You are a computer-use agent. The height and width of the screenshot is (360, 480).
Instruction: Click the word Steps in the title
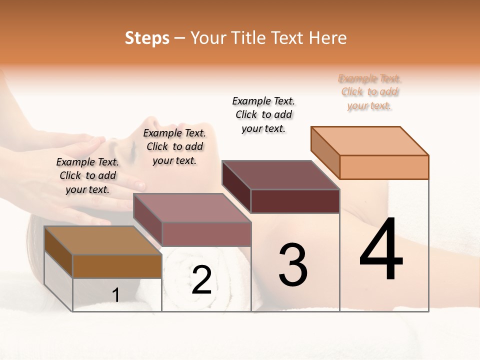(x=146, y=38)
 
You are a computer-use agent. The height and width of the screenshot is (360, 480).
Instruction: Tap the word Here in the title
(x=328, y=38)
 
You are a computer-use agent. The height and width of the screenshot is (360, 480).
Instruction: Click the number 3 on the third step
(x=293, y=265)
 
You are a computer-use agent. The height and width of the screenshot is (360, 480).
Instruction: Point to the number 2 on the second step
(x=201, y=280)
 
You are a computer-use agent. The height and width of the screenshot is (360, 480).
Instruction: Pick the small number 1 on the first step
(x=116, y=295)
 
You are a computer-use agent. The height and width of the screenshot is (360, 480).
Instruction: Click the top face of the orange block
(x=370, y=140)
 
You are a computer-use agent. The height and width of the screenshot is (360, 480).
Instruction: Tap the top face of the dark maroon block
(x=281, y=175)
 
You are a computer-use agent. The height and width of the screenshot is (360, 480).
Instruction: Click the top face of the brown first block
(x=103, y=240)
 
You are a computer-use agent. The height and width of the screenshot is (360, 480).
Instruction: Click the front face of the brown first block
(x=117, y=266)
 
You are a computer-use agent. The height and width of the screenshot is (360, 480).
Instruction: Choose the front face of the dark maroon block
(x=295, y=201)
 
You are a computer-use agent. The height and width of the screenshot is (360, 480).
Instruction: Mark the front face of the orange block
(x=384, y=167)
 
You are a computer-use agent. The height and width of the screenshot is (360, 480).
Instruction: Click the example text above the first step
(x=87, y=175)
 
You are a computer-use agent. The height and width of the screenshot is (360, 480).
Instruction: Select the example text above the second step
(x=174, y=146)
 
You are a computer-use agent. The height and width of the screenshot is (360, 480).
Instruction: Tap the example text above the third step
(x=263, y=114)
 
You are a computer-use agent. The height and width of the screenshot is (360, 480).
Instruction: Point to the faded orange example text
(x=369, y=92)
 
